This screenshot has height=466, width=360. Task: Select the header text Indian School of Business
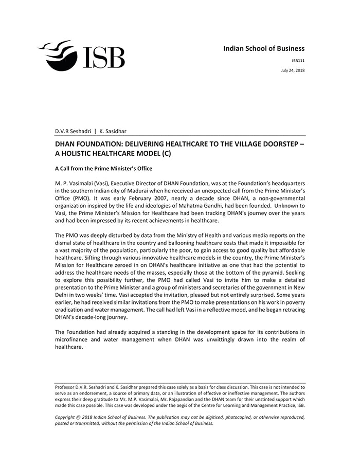pos(264,48)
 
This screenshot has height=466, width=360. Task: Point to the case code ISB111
pos(298,61)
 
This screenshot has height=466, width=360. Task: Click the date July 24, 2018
pos(293,70)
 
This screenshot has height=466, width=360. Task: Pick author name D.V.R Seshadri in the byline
pos(73,132)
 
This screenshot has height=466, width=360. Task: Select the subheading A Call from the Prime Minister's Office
pos(103,168)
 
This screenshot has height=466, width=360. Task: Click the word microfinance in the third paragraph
pos(73,340)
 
